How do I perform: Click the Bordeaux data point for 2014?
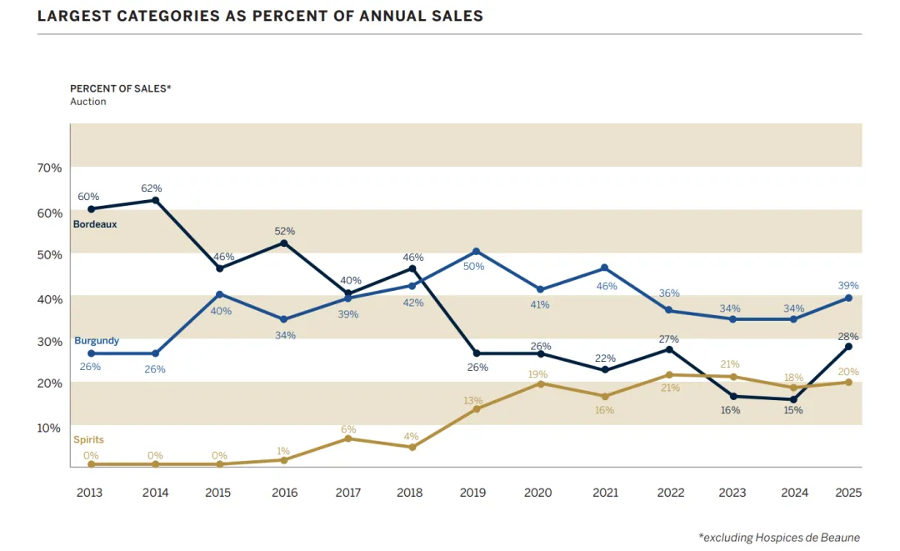coord(155,200)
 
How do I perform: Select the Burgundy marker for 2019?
coord(476,251)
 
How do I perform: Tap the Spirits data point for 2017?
coord(347,438)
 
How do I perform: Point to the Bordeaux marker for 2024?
coord(794,399)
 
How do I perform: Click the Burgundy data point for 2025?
coord(848,298)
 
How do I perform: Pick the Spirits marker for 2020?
coord(539,383)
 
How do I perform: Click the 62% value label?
coord(152,188)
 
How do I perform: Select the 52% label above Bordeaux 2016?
coord(285,231)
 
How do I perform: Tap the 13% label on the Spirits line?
coord(473,400)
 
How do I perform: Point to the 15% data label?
coord(794,410)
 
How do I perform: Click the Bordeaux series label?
coord(95,224)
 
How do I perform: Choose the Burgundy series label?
coord(97,340)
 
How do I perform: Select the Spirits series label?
coord(88,439)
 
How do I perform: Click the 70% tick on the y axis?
coord(50,168)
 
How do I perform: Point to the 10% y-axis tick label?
coord(50,428)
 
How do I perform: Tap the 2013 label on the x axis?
coord(89,493)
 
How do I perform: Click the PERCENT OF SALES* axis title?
coord(120,88)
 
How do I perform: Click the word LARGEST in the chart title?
coord(73,16)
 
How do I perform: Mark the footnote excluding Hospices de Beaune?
coord(779,538)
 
